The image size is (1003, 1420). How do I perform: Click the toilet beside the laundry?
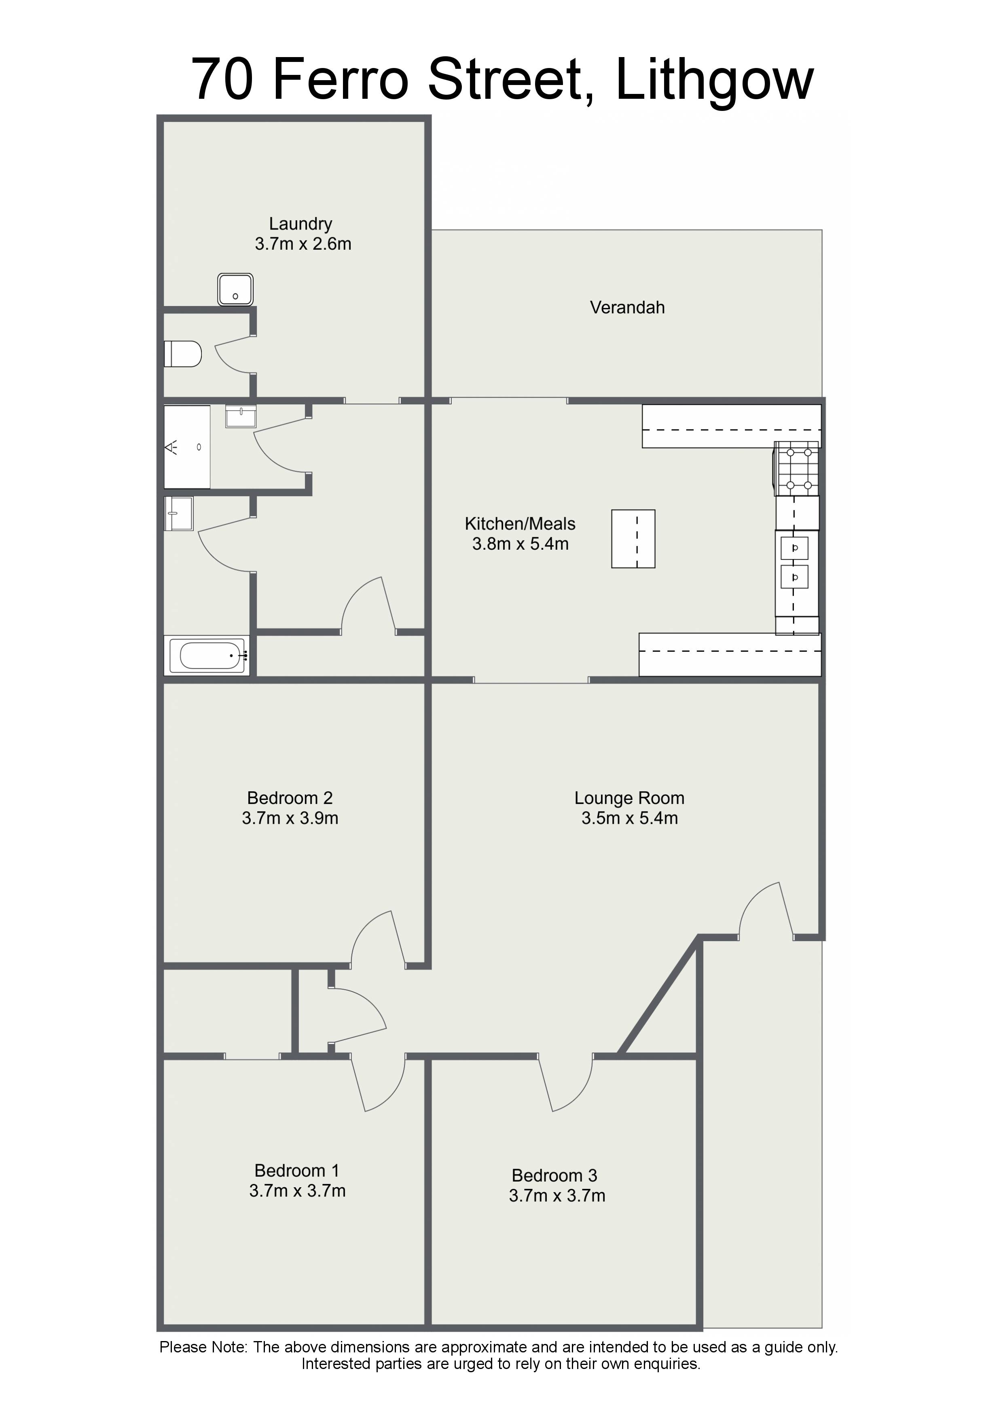tap(183, 354)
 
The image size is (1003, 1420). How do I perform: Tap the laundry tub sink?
tap(235, 289)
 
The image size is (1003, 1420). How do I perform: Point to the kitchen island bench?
tap(633, 539)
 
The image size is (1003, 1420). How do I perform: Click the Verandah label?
tap(627, 307)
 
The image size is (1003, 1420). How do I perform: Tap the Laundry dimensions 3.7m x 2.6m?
tap(303, 244)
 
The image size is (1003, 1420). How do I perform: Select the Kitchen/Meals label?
tap(520, 524)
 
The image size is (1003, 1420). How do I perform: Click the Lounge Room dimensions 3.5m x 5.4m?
tap(630, 818)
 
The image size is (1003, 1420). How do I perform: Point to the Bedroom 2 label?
tap(290, 798)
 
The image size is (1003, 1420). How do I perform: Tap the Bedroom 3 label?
tap(554, 1175)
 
